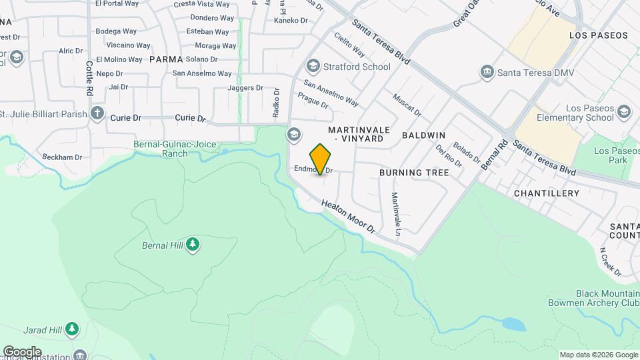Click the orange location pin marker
(321, 159)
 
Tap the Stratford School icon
(312, 67)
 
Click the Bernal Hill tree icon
(193, 245)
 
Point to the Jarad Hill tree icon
(72, 329)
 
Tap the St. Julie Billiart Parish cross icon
(97, 113)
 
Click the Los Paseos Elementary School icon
(624, 112)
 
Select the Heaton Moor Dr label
(348, 217)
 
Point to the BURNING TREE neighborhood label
(414, 173)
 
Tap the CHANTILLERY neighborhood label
(547, 193)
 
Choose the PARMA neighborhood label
(166, 59)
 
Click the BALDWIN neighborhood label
(423, 135)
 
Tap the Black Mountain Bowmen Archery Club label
(607, 298)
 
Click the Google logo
(22, 351)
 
